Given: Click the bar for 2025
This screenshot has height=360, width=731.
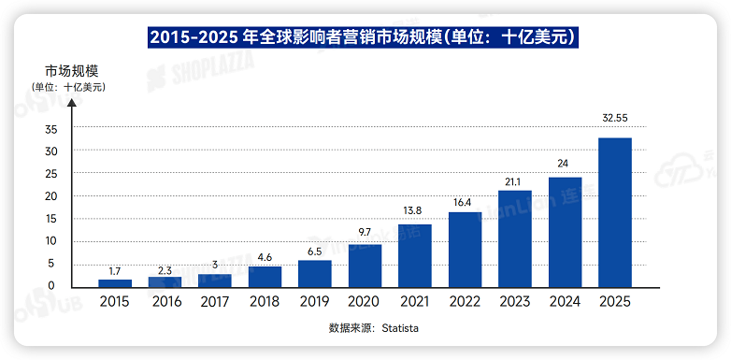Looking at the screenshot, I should point(614,212).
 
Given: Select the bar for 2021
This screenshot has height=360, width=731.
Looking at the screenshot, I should point(414,255).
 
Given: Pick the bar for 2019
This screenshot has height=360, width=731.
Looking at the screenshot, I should point(314,273).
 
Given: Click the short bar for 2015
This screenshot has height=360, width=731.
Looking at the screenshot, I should point(115,282).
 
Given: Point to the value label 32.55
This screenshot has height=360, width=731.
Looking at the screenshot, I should point(614,119).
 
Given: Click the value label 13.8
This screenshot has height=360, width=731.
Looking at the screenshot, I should point(414,211).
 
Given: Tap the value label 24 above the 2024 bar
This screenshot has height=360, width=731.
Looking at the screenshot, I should point(564,164).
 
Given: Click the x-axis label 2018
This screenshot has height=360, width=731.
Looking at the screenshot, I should point(265,302).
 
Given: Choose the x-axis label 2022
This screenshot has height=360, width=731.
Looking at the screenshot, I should point(464,302).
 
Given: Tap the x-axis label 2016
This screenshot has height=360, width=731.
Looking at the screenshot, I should point(165,302).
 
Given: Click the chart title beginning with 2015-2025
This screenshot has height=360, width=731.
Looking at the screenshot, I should point(365,36).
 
